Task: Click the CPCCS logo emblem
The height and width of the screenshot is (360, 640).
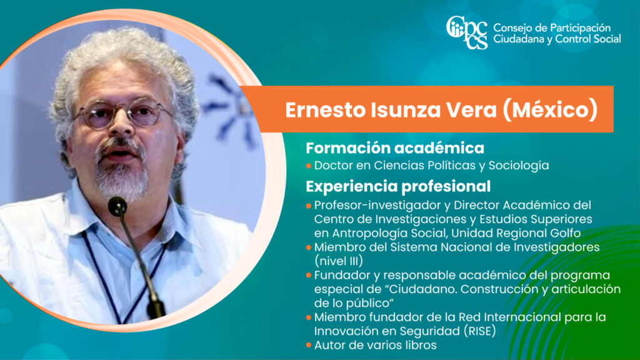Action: (466, 32)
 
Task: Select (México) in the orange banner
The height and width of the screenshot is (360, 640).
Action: (550, 110)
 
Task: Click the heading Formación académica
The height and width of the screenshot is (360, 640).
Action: (395, 147)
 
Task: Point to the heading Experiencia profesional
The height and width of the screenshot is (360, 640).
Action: (398, 186)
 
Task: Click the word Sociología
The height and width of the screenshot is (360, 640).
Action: (519, 166)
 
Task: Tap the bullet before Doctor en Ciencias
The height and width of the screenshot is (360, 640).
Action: (309, 166)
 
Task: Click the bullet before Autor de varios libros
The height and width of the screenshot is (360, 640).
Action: (309, 345)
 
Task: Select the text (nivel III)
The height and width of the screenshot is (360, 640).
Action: (338, 261)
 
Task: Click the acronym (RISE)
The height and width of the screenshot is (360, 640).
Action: (480, 331)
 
